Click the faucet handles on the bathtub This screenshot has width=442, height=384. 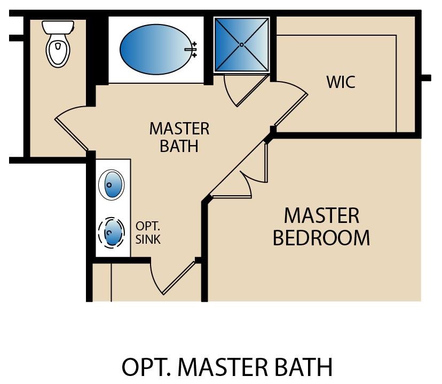point(193,49)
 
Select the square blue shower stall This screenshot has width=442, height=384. point(241,44)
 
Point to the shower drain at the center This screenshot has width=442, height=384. point(241,44)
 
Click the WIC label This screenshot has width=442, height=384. point(341,83)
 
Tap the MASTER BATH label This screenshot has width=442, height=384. point(179,137)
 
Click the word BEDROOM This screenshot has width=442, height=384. point(321,238)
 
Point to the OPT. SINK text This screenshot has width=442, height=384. point(148,233)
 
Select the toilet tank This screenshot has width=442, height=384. point(57,26)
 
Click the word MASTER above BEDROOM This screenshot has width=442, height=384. point(321,215)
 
